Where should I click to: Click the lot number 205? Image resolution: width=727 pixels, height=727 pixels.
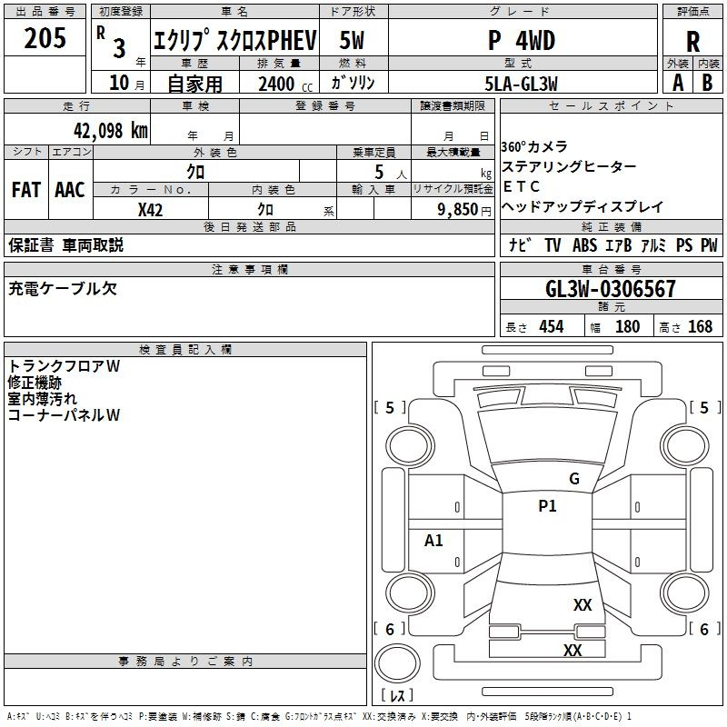(45, 37)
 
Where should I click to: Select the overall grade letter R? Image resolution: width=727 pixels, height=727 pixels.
(692, 42)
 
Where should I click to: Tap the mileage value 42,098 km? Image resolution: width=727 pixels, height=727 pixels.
(110, 131)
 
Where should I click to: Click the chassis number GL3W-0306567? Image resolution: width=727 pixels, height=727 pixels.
(610, 289)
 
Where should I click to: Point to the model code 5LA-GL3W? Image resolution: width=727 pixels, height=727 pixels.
(521, 84)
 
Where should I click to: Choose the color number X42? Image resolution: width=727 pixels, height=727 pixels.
(150, 210)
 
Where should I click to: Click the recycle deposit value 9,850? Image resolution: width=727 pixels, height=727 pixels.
(458, 210)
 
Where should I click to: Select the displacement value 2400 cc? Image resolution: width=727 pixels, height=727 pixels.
(285, 84)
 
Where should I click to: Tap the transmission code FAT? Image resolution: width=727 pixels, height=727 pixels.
(26, 190)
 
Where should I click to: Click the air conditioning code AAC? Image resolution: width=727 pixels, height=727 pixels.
(70, 190)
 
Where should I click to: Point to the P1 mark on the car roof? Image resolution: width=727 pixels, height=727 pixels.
(547, 506)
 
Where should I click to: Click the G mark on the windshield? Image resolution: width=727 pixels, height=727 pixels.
(574, 479)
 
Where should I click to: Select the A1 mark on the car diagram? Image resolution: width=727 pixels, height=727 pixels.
(433, 540)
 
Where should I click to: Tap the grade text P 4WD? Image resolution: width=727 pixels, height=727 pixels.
(522, 41)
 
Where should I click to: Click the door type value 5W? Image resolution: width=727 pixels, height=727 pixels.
(352, 40)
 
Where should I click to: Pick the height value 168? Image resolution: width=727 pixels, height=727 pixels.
(700, 326)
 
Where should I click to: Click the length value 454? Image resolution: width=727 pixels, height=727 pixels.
(552, 326)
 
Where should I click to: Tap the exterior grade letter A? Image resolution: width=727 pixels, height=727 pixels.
(678, 83)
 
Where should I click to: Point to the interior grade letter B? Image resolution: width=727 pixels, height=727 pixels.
(707, 83)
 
